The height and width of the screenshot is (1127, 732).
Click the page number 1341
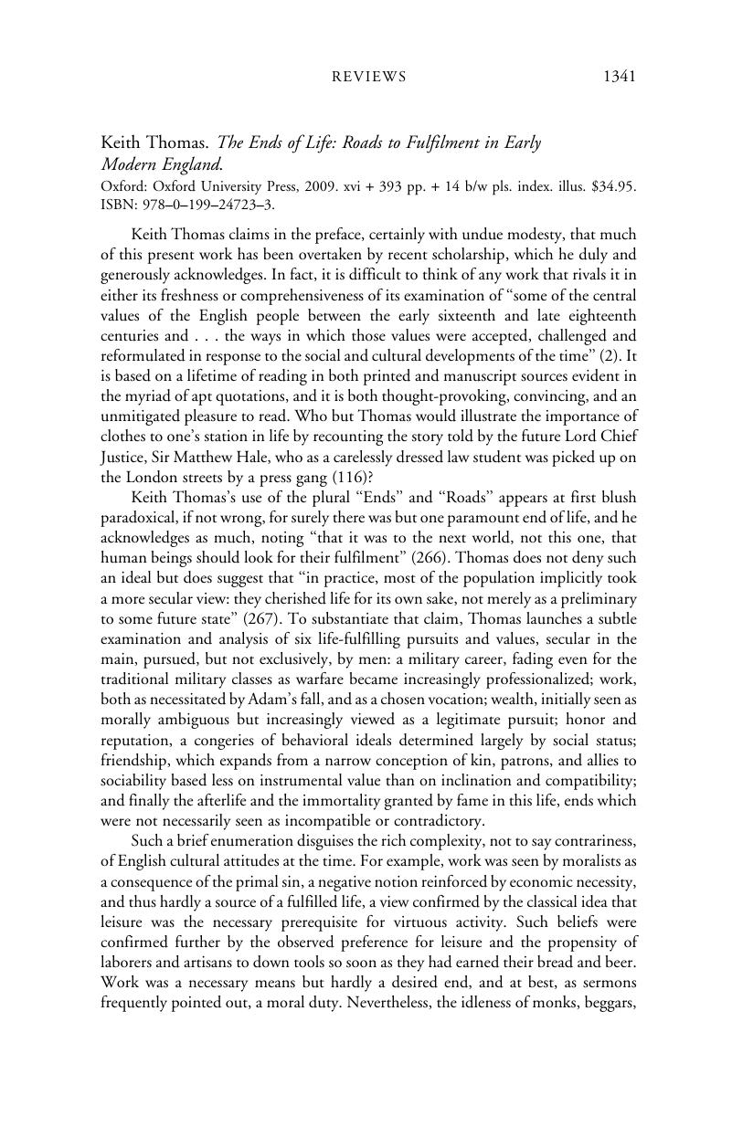point(619,77)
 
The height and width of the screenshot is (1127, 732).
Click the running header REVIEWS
point(367,78)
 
